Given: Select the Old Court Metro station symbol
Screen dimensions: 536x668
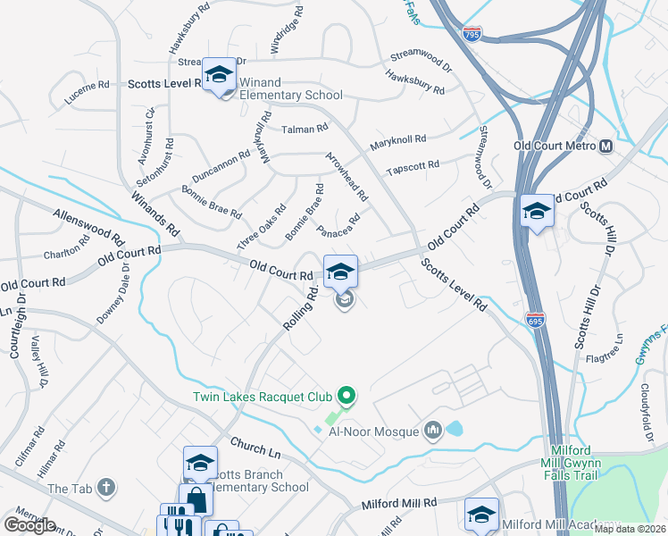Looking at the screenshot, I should point(606,146).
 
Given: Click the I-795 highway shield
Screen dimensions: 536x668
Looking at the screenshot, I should point(472,34).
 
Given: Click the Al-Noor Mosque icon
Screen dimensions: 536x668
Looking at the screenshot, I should point(434,431).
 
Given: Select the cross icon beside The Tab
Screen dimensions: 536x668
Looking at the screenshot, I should point(106,488).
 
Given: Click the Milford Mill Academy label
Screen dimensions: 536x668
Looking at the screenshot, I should point(561,524).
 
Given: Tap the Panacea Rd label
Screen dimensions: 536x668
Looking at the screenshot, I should point(338,226).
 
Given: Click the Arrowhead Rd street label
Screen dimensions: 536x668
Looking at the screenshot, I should point(347,175).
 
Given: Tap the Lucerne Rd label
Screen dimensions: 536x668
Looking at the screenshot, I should point(87,93).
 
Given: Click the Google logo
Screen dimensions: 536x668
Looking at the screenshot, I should point(29,525).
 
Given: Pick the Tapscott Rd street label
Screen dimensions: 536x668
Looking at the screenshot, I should point(412,167).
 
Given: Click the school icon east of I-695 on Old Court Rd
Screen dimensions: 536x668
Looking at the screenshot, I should point(537,211).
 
